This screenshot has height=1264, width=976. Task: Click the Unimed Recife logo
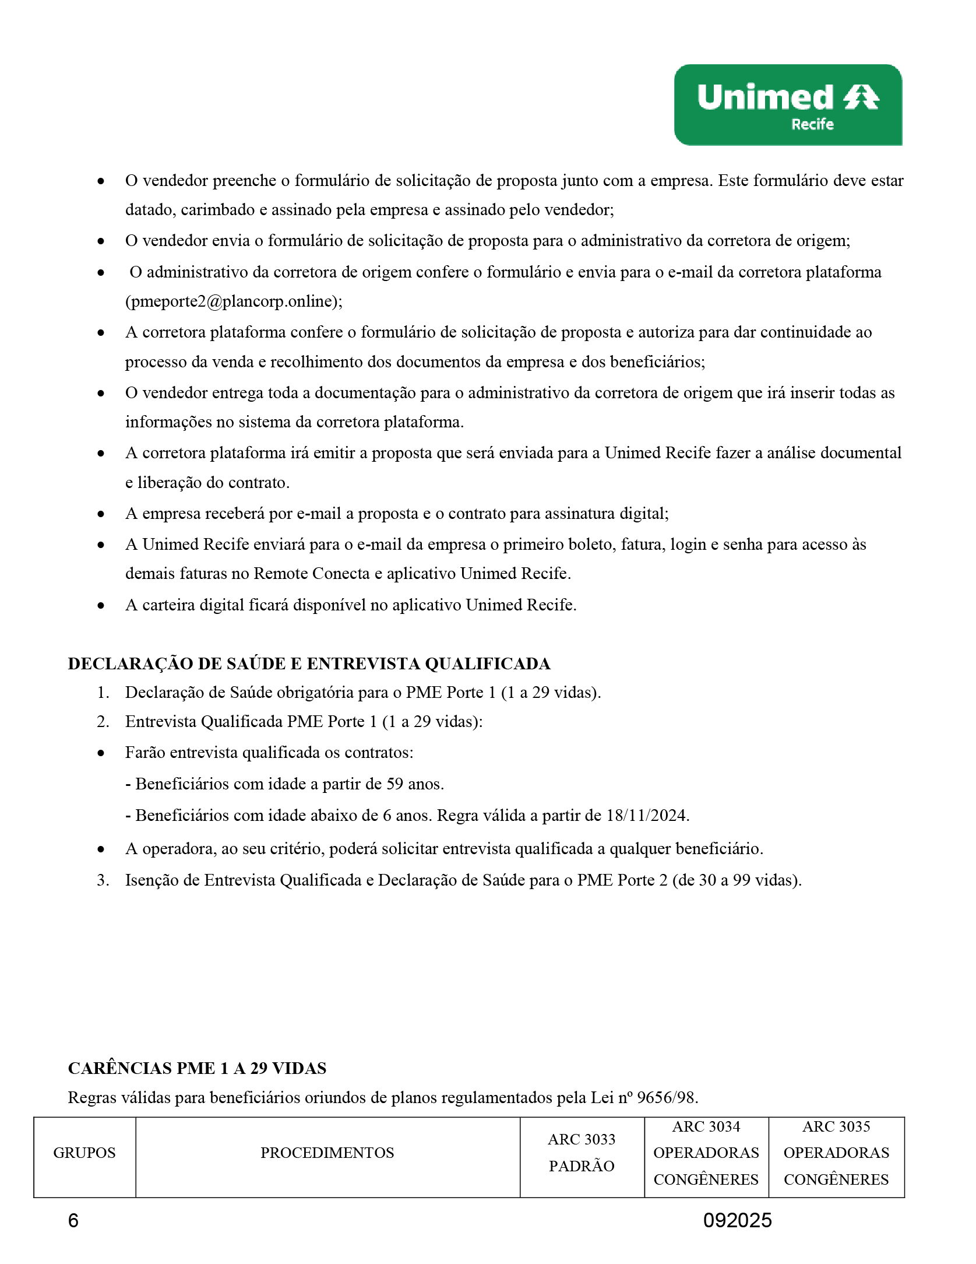(x=788, y=105)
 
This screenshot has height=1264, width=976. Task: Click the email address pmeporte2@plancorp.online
(x=233, y=301)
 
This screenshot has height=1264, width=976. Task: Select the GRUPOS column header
(x=84, y=1153)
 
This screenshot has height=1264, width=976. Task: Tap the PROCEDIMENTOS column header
(x=327, y=1153)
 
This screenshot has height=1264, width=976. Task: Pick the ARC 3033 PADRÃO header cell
(x=582, y=1153)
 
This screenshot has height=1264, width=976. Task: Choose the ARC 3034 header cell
(x=706, y=1153)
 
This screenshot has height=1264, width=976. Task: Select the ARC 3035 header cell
(x=836, y=1153)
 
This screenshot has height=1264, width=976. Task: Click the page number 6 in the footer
(x=73, y=1220)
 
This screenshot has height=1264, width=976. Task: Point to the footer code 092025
(x=737, y=1220)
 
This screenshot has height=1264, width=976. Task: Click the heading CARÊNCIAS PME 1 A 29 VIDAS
(x=197, y=1068)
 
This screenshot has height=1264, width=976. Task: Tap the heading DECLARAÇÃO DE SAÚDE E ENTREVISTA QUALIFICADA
(x=309, y=663)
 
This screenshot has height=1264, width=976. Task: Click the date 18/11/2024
(x=647, y=815)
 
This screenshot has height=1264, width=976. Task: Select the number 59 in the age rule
(x=394, y=784)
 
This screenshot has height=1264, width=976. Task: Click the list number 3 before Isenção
(x=103, y=880)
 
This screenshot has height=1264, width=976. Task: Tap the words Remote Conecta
(x=312, y=574)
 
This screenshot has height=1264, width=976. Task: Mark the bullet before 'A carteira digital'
(x=101, y=606)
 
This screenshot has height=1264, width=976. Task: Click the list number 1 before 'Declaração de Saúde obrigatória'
(x=103, y=693)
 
